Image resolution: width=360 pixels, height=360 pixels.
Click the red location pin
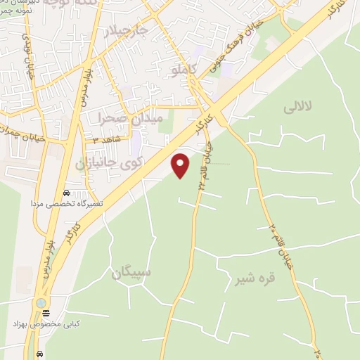(181, 165)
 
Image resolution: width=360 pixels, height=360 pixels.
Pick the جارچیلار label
(127, 32)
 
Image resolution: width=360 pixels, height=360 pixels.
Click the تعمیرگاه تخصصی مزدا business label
(66, 202)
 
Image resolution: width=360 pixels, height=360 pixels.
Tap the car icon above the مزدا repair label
(66, 192)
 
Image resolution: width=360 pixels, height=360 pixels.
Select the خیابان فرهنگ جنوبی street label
(236, 42)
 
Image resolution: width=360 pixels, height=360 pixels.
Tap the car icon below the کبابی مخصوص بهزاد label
(40, 354)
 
